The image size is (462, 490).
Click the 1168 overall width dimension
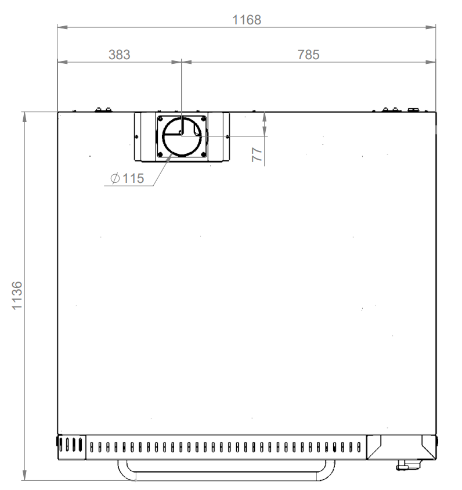point(247,20)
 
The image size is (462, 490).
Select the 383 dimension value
point(120,55)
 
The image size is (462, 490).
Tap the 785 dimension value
point(308,55)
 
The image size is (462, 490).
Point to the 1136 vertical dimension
point(17,296)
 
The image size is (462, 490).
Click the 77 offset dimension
point(257,154)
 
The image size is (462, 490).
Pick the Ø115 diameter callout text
point(127,178)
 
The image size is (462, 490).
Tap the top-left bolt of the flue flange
point(160,119)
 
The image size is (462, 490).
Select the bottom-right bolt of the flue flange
point(203,154)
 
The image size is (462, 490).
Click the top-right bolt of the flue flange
point(203,119)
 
